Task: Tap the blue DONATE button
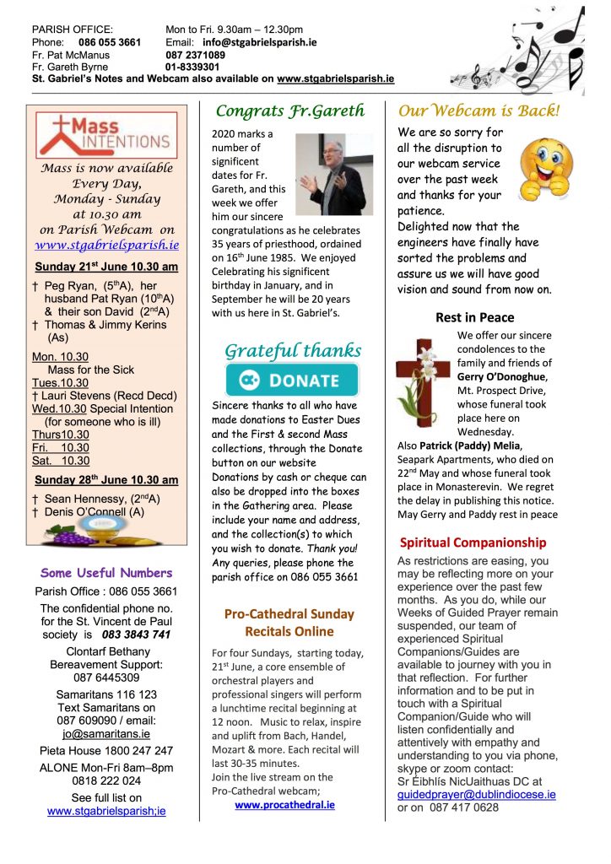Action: (291, 381)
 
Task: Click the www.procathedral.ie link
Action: (284, 805)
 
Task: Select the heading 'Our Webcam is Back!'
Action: (479, 111)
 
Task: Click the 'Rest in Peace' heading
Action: (474, 317)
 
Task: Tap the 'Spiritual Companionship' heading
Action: (473, 543)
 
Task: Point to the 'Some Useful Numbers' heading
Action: (106, 573)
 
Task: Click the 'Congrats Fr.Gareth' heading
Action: (290, 111)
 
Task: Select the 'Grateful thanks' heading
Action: (292, 350)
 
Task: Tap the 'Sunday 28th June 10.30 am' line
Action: (106, 480)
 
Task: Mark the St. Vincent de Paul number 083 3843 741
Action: (136, 634)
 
